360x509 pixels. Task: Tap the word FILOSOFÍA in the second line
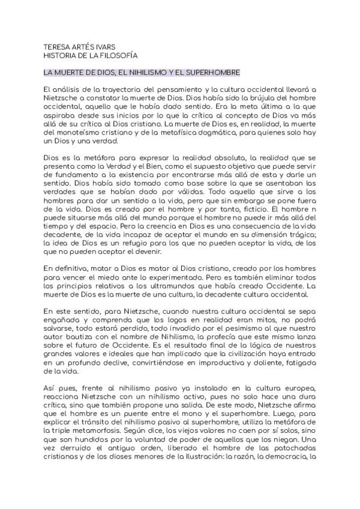(x=119, y=56)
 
